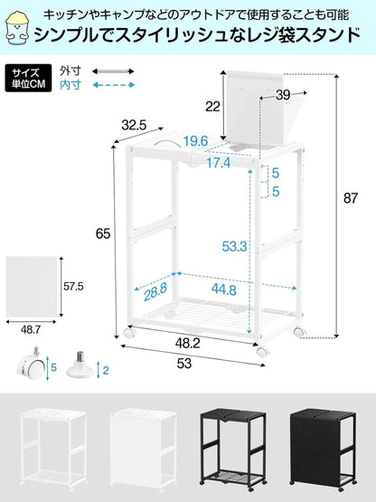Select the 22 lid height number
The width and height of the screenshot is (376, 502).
(211, 107)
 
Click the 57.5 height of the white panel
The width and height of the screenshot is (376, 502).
(72, 286)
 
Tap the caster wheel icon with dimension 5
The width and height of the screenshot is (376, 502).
(29, 366)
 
